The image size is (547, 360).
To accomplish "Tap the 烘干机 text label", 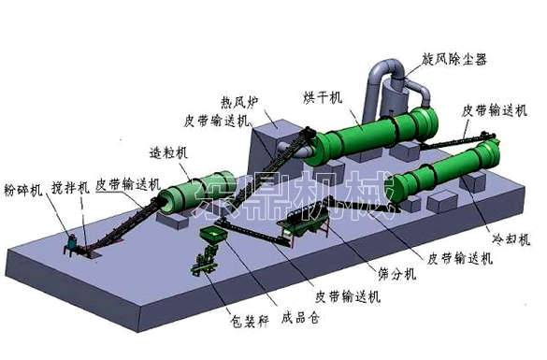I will [x=323, y=97].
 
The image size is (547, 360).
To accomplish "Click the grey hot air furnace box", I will [x=271, y=150].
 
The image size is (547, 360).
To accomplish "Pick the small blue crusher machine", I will [x=70, y=245].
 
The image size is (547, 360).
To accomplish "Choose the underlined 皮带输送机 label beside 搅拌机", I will [x=126, y=185].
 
